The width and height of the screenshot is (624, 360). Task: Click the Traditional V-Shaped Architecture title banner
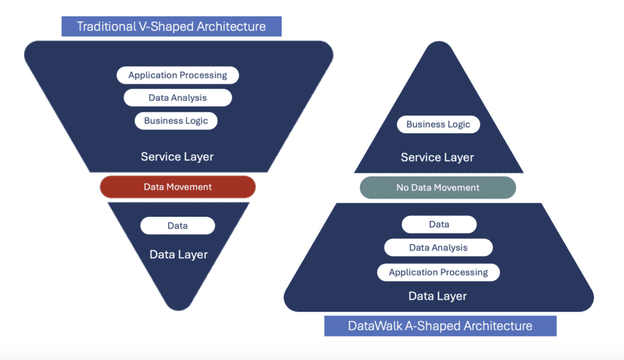click(171, 26)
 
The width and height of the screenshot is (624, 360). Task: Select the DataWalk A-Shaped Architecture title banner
click(440, 325)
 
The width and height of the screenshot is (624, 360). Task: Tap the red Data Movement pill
click(177, 187)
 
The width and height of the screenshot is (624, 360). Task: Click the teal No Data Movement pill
click(438, 188)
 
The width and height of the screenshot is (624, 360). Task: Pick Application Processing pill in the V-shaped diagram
click(177, 75)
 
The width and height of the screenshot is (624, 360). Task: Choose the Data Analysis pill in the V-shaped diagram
click(177, 97)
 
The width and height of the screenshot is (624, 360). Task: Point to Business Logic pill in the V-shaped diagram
click(176, 121)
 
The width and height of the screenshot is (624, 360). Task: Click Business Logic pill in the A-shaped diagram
click(438, 124)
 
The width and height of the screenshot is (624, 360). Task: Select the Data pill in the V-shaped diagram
click(177, 225)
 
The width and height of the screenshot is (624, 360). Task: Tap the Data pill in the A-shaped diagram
click(439, 224)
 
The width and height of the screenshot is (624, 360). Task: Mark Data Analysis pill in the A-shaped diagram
click(438, 247)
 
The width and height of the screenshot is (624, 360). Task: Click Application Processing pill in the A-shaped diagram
click(438, 272)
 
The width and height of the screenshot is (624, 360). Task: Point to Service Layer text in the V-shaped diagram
click(177, 157)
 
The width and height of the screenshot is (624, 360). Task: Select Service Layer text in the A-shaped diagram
click(438, 158)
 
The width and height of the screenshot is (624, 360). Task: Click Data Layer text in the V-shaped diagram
click(179, 255)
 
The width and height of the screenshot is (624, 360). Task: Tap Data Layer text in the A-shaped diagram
click(438, 296)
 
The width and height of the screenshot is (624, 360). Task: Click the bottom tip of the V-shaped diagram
click(178, 305)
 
